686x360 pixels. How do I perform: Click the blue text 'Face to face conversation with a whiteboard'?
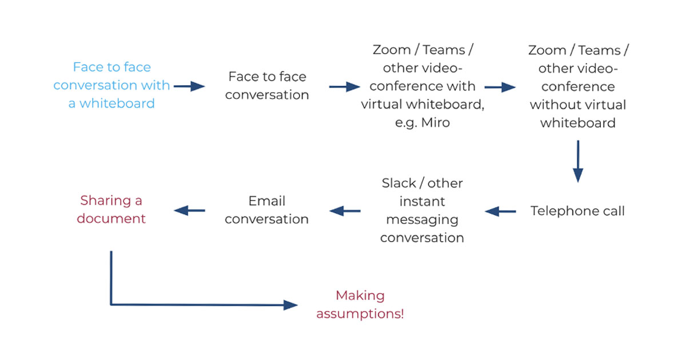112,85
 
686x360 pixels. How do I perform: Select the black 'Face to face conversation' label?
267,86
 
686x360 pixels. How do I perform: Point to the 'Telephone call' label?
577,211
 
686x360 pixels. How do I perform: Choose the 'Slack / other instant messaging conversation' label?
422,210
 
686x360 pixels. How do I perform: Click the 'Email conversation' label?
267,210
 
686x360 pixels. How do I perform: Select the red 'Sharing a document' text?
111,210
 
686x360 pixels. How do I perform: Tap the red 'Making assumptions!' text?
360,305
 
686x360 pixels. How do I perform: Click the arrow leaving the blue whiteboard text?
189,86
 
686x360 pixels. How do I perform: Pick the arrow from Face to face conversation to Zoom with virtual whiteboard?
345,86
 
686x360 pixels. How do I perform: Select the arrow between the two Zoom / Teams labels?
500,87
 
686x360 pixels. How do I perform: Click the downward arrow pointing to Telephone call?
577,161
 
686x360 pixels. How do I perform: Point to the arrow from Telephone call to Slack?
500,211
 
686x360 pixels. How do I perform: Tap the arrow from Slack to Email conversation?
345,211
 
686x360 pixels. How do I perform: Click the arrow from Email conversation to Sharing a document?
189,211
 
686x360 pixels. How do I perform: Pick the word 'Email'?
267,201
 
